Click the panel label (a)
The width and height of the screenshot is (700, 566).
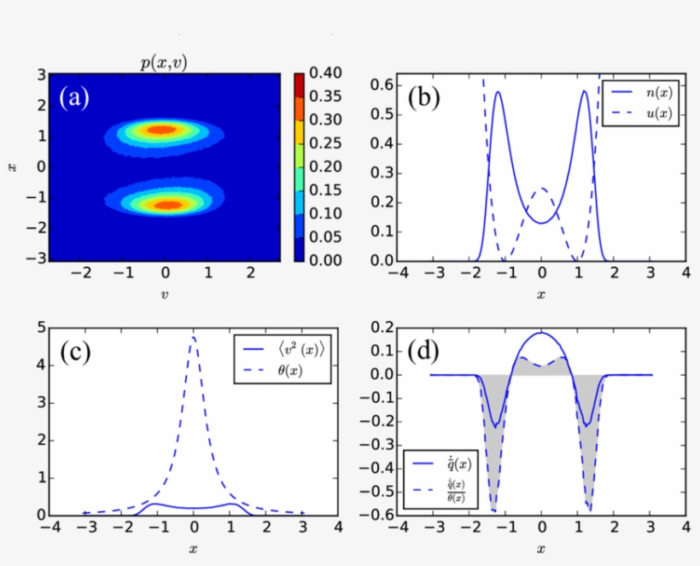point(74,97)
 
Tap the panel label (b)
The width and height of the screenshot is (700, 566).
point(423,98)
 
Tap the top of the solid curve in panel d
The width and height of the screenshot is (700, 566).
point(541,333)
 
